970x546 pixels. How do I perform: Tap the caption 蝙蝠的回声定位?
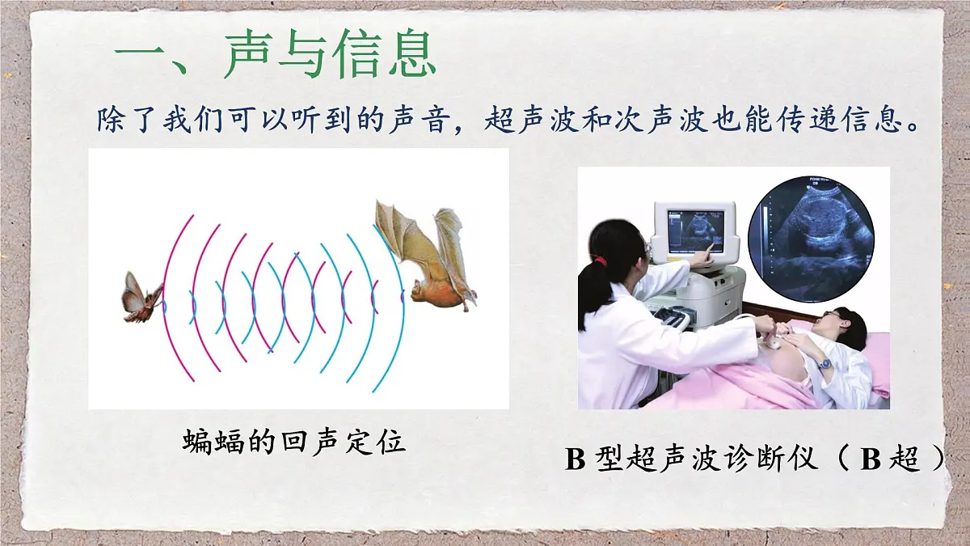[x=293, y=442]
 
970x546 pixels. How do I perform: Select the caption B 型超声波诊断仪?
[x=695, y=459]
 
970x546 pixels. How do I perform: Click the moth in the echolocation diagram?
[x=141, y=297]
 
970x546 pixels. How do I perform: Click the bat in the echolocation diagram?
[x=428, y=259]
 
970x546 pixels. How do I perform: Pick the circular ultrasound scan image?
[x=811, y=238]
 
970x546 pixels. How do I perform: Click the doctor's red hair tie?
[x=599, y=261]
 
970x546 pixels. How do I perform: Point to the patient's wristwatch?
[x=823, y=363]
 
